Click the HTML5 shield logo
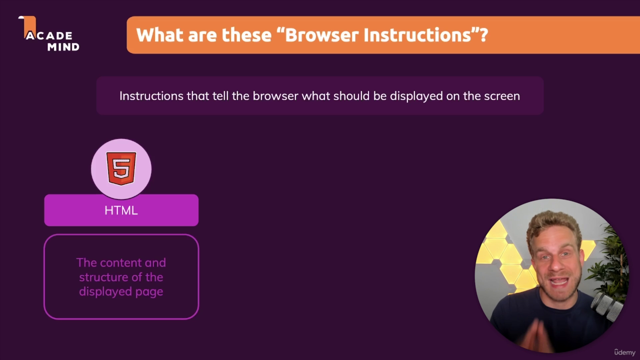pyautogui.click(x=121, y=168)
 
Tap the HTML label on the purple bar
pyautogui.click(x=121, y=210)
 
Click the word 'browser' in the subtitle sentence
pyautogui.click(x=275, y=96)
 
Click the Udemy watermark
pyautogui.click(x=624, y=352)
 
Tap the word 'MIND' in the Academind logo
pyautogui.click(x=63, y=47)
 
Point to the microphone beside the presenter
pyautogui.click(x=606, y=306)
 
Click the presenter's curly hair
pyautogui.click(x=553, y=225)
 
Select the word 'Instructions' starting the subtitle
pyautogui.click(x=151, y=96)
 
